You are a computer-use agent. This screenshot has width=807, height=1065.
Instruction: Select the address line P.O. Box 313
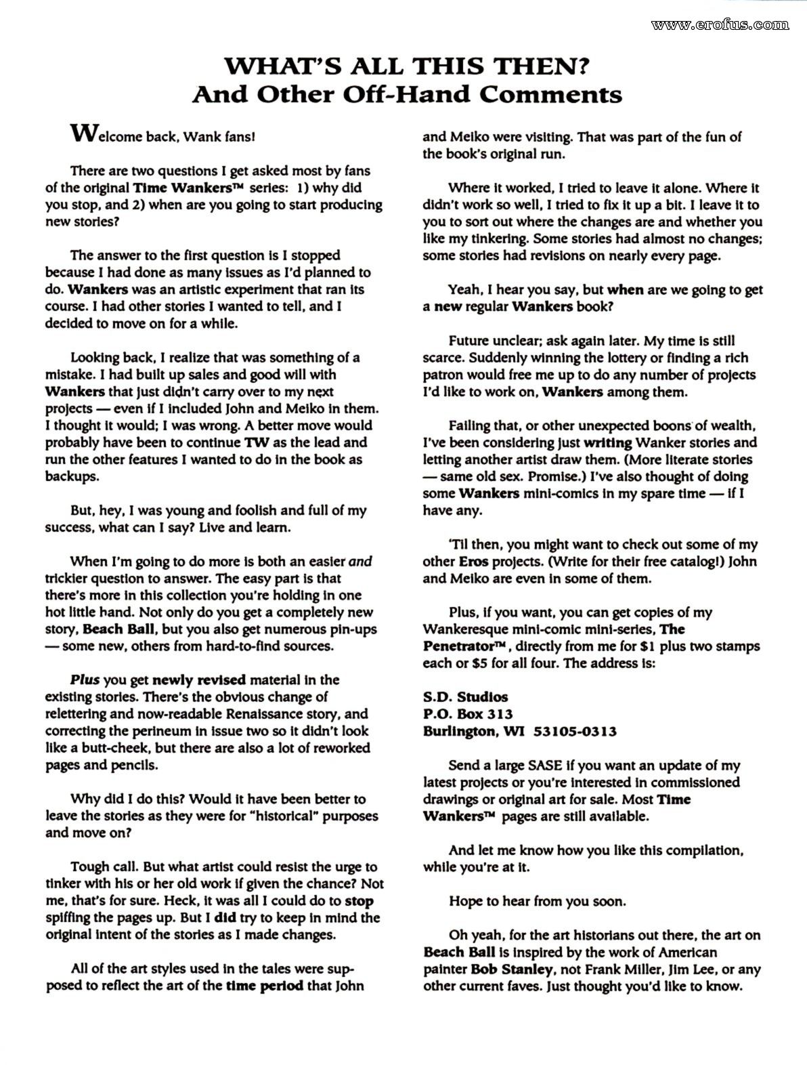tap(468, 714)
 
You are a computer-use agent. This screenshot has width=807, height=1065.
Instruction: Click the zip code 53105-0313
tap(575, 731)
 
